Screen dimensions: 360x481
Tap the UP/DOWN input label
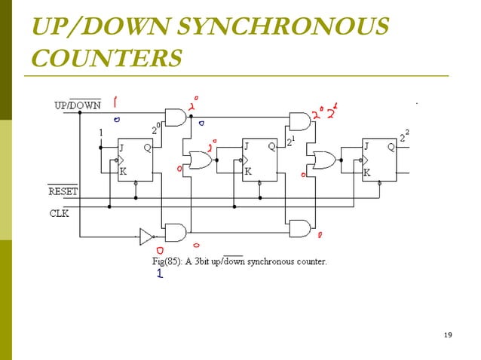(77, 105)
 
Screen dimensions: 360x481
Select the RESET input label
(63, 192)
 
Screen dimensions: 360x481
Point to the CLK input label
(60, 213)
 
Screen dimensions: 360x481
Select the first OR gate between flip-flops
(200, 160)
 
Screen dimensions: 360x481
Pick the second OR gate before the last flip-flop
(324, 160)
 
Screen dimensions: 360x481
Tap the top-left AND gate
(175, 117)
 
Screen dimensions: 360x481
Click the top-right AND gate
(299, 121)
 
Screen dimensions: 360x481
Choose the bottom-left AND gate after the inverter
(175, 232)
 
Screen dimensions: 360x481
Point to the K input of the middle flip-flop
(247, 171)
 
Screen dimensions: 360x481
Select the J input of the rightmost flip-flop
(367, 147)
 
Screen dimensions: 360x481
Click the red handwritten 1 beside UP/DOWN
(115, 100)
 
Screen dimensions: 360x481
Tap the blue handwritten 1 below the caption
(160, 276)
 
